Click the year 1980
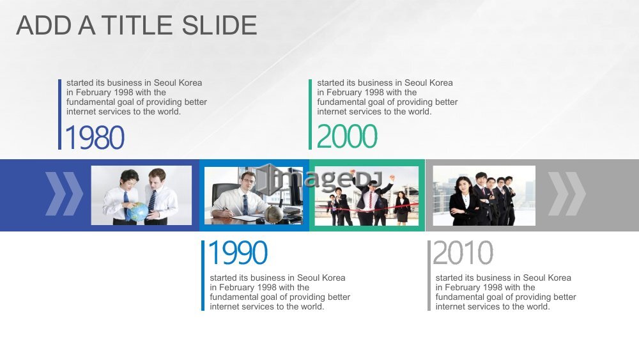coord(95,137)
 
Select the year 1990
coord(238,253)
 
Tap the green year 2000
coord(347,136)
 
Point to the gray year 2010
coord(463,253)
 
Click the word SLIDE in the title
coord(219,26)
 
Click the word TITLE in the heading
coord(137,26)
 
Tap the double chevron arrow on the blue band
coord(64,194)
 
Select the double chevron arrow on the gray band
coord(567,194)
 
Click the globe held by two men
coord(137,212)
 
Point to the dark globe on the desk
coord(274,213)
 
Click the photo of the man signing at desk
coord(254,195)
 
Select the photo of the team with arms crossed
coord(484,196)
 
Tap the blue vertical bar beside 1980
coord(60,114)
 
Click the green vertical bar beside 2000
coord(310,114)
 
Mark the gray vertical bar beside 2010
coord(429,276)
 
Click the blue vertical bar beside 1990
coord(203,276)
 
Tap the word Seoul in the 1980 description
coord(165,82)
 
